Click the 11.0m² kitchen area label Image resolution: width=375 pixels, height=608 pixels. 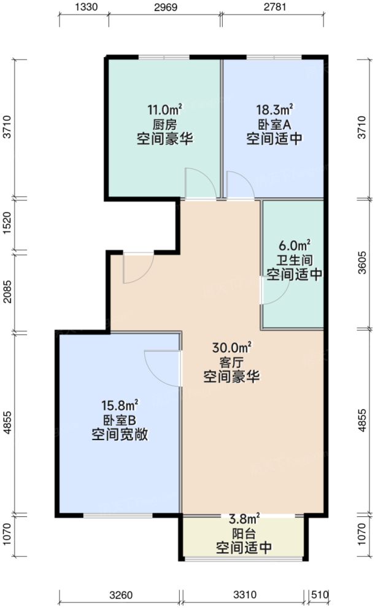[x=161, y=111]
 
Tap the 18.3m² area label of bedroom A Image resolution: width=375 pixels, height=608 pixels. [x=274, y=111]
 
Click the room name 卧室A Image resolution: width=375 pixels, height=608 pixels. [x=274, y=125]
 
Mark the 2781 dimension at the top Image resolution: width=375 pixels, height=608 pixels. [x=273, y=7]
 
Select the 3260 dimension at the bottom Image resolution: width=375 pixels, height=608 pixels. [x=120, y=595]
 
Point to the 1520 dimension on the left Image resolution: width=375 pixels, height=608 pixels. [x=6, y=224]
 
